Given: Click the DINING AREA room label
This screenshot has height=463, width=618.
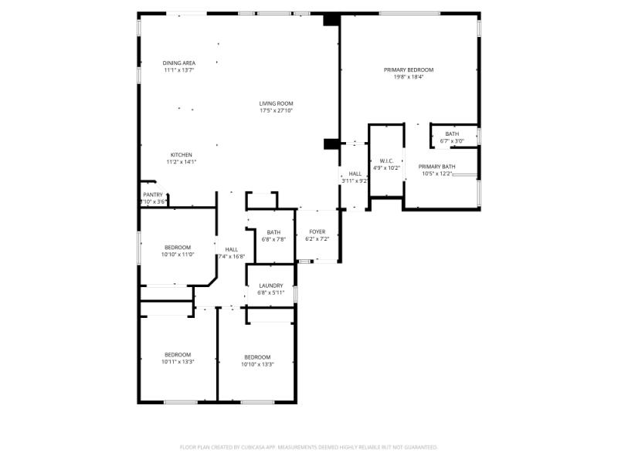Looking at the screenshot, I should click(178, 63).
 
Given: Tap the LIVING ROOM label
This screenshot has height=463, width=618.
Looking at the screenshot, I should click(276, 103).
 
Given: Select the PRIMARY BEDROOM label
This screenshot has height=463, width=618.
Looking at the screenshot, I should click(409, 70).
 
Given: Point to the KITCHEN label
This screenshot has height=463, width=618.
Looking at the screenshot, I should click(182, 154).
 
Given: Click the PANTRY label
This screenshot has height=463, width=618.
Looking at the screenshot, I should click(153, 194).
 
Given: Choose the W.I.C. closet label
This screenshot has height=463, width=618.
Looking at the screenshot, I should click(387, 161).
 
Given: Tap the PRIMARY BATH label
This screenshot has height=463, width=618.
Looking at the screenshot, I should click(436, 167).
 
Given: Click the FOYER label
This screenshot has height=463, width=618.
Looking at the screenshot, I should click(317, 231).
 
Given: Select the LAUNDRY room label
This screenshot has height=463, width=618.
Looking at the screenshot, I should click(271, 286).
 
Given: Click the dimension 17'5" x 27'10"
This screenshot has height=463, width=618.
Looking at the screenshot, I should click(276, 110).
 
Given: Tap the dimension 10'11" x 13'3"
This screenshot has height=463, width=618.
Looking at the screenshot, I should click(178, 361).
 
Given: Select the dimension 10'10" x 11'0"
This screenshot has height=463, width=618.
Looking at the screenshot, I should click(178, 254).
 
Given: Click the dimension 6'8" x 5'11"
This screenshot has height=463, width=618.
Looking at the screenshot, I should click(271, 292).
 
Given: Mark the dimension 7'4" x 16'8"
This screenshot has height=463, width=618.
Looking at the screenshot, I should click(230, 256).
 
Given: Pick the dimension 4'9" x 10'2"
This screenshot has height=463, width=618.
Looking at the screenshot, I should click(387, 167).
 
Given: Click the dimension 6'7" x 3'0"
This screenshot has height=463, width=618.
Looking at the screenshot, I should click(452, 140).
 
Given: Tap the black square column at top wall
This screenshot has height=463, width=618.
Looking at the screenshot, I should click(331, 20).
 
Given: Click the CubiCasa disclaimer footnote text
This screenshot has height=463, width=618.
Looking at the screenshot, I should click(309, 447).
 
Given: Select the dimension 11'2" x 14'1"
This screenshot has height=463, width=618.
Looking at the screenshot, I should click(182, 161).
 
